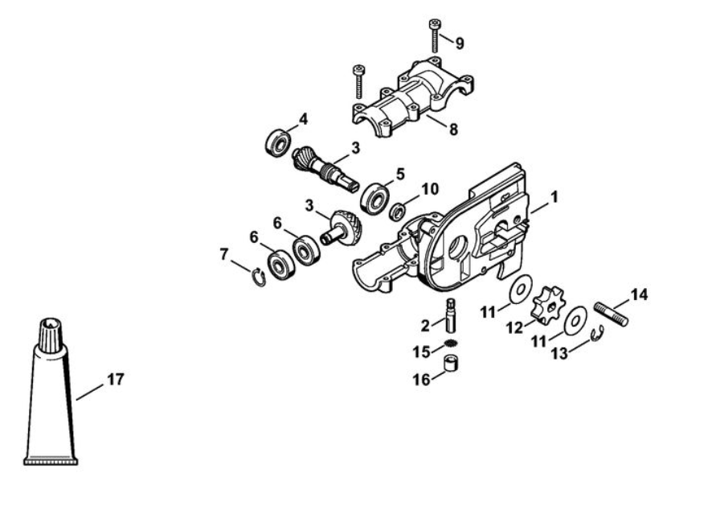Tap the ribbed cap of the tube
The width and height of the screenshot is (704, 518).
click(51, 335)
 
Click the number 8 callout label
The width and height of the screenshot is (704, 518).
click(453, 129)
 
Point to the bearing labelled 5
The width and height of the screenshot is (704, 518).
click(375, 198)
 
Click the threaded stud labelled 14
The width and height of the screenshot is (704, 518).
click(611, 314)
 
